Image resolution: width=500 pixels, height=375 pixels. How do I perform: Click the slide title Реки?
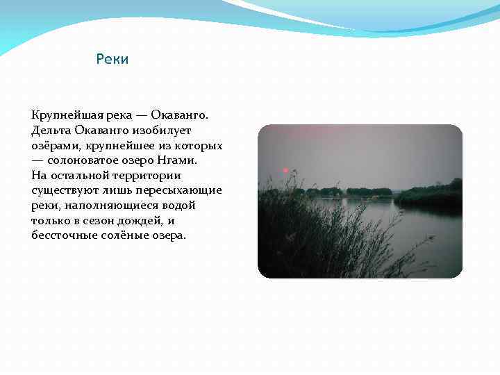coord(112,60)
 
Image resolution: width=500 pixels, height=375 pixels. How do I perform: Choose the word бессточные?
coord(64,235)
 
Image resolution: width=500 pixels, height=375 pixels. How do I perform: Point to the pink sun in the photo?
coord(285,170)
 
